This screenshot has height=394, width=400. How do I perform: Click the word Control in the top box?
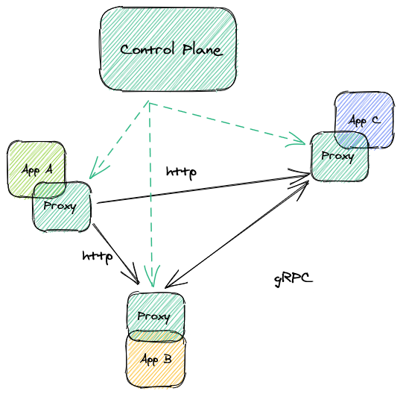coord(146,50)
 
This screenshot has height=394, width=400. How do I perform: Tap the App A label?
coord(36,170)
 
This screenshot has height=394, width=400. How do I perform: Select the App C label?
coord(364,120)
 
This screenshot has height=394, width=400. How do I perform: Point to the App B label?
coord(156,360)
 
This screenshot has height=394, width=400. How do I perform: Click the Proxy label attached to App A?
coord(60,206)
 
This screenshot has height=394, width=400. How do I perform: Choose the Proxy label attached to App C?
coord(337,156)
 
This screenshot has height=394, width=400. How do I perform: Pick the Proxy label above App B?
coord(153,316)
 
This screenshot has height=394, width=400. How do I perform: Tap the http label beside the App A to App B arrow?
coord(97,257)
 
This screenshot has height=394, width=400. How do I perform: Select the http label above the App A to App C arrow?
coord(181,172)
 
